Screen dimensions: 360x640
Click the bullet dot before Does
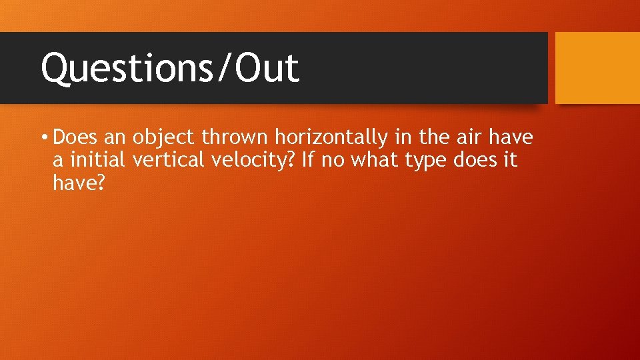pyautogui.click(x=43, y=138)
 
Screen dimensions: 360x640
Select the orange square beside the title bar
pyautogui.click(x=597, y=68)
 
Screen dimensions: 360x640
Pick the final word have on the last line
pyautogui.click(x=73, y=183)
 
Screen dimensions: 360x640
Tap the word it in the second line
pyautogui.click(x=510, y=161)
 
